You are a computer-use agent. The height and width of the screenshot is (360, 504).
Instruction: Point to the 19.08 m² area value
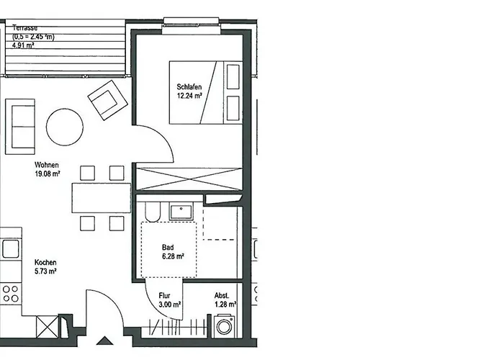[48, 174]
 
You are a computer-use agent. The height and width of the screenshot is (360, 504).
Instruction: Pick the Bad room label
[167, 247]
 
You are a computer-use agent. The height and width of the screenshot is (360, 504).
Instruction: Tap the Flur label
[166, 296]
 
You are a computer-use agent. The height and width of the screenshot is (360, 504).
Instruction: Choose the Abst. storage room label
[222, 296]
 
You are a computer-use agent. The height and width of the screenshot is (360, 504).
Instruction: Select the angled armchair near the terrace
[106, 99]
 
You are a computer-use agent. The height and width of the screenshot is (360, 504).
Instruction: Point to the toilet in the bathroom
[152, 212]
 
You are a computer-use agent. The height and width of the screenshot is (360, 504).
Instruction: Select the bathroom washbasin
[179, 212]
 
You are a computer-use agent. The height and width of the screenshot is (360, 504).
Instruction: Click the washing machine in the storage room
[224, 328]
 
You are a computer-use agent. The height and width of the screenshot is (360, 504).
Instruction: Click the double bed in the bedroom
[204, 92]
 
